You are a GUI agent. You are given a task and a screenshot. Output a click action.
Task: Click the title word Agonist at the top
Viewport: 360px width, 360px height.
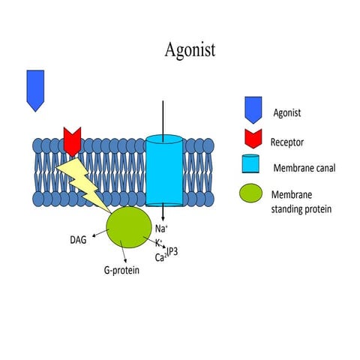tap(190, 50)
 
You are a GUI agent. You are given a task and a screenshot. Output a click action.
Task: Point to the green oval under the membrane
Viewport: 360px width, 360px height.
tap(129, 228)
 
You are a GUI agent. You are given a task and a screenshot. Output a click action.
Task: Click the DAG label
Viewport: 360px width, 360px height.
tap(77, 241)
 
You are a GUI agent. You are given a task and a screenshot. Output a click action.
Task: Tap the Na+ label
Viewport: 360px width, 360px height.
tap(161, 228)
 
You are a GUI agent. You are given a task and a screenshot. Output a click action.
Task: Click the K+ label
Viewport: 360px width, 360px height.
tap(160, 243)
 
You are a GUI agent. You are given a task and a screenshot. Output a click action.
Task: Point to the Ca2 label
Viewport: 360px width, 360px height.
tap(160, 257)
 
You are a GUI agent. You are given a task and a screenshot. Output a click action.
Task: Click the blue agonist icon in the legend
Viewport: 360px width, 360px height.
tap(251, 110)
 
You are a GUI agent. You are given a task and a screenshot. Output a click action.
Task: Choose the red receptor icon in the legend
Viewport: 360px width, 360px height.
tap(251, 139)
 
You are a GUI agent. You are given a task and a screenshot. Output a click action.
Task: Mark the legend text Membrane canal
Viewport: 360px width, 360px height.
tap(303, 167)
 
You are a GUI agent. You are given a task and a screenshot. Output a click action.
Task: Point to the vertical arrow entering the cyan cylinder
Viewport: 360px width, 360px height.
tap(162, 116)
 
